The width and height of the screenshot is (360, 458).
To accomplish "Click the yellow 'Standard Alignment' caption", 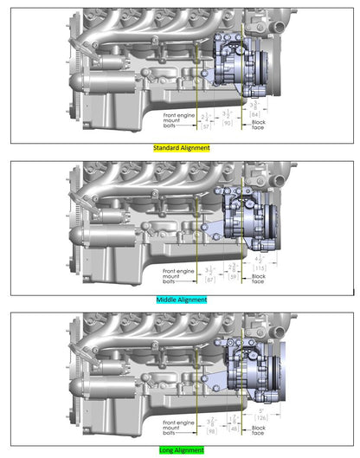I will point(182,148).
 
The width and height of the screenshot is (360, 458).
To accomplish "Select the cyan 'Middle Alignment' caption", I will point(182,300).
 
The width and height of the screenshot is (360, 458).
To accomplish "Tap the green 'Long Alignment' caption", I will point(182,450).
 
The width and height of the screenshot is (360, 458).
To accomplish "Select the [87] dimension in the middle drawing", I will point(209,280).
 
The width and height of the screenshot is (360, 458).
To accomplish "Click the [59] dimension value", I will point(234,277).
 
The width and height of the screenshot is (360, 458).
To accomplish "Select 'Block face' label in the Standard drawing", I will point(258,126).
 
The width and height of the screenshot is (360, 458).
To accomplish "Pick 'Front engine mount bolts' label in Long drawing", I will point(177,427).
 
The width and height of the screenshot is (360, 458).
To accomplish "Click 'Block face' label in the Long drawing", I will point(258,429).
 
